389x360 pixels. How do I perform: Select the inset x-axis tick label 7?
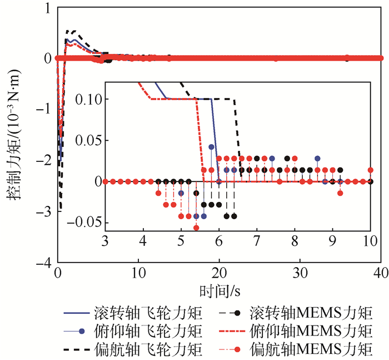coord(257,241)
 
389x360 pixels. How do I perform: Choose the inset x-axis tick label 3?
coord(106,241)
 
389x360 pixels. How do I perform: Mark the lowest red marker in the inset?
coord(196,228)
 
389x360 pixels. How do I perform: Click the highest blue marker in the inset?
coord(211,147)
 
